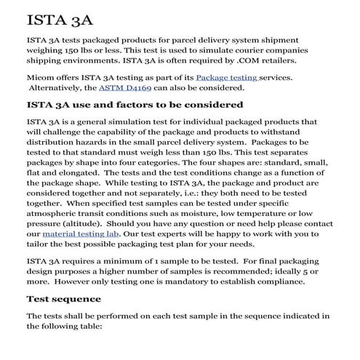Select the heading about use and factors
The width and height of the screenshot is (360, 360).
(x=135, y=105)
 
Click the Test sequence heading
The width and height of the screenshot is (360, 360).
(x=63, y=298)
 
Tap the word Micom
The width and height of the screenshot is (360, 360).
(x=41, y=76)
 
